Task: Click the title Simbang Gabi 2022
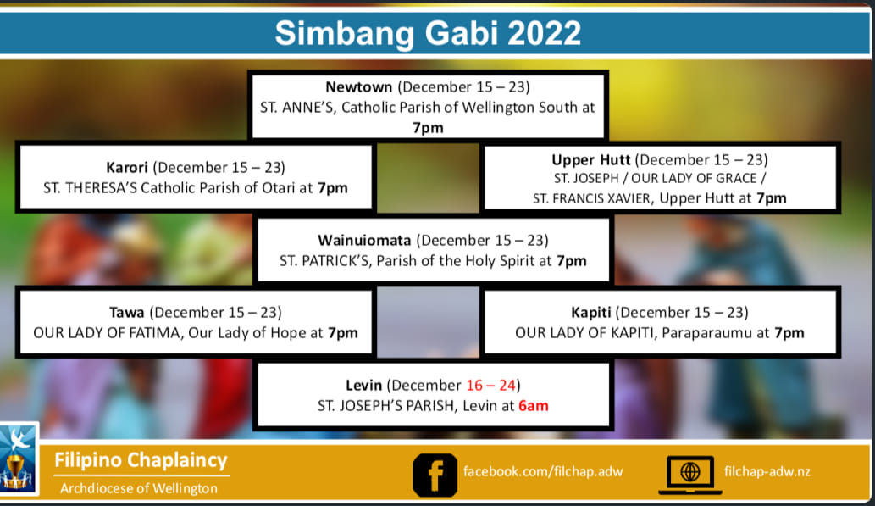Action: (428, 33)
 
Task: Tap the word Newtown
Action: (359, 87)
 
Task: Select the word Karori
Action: (127, 168)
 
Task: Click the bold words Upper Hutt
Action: (591, 160)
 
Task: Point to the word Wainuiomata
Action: (364, 240)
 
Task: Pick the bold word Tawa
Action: (127, 312)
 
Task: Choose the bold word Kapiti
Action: (591, 312)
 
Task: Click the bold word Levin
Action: (364, 386)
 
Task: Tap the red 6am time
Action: (534, 405)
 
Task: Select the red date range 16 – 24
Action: (491, 386)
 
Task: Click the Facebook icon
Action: (435, 475)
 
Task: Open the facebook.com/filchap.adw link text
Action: (543, 471)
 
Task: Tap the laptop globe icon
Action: (690, 475)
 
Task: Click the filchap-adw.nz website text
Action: (767, 471)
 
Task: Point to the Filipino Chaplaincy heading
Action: (141, 460)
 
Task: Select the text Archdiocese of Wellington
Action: (139, 488)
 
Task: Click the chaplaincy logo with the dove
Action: (17, 459)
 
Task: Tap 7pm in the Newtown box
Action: (428, 128)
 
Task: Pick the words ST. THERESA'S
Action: (90, 187)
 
